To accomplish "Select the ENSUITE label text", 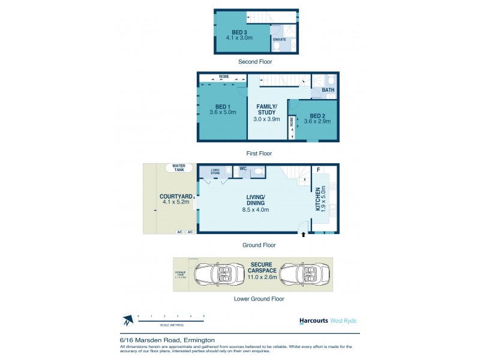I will (x=279, y=39).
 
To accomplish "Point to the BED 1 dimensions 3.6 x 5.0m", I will (x=223, y=112).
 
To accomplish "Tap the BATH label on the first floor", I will (x=328, y=90).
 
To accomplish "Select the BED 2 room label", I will (x=317, y=115).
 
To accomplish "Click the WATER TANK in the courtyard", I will (x=178, y=167).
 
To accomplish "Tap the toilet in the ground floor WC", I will (x=258, y=172).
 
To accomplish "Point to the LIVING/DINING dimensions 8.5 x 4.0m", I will (x=256, y=209).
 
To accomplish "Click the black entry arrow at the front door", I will (x=304, y=235).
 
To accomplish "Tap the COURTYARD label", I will (x=176, y=196).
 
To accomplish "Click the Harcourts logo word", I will (x=314, y=320).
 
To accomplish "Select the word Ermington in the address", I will (x=200, y=340).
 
